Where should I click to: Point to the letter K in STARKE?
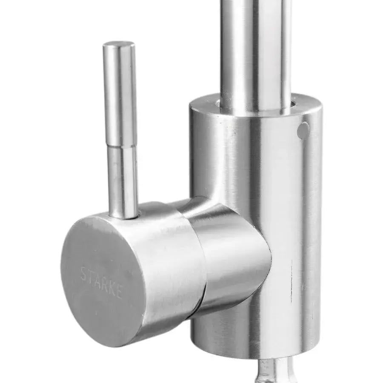coord(111,288)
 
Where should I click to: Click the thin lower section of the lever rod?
coord(123,181)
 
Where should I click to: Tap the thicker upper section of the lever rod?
coord(120,94)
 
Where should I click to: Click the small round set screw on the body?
coord(303,130)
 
